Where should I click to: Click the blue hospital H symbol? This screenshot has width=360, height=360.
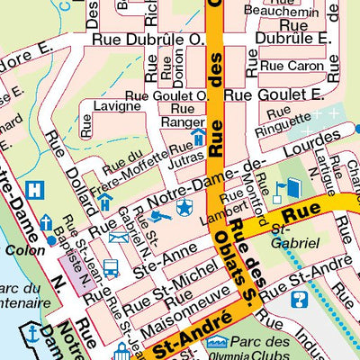point(35,191)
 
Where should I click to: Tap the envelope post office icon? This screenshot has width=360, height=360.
point(118,238)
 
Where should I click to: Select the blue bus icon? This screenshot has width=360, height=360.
point(111,267)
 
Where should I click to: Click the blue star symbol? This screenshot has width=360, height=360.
point(184,209)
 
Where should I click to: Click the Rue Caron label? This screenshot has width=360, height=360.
point(292,66)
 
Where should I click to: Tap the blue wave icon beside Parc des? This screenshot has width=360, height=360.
point(215,343)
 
